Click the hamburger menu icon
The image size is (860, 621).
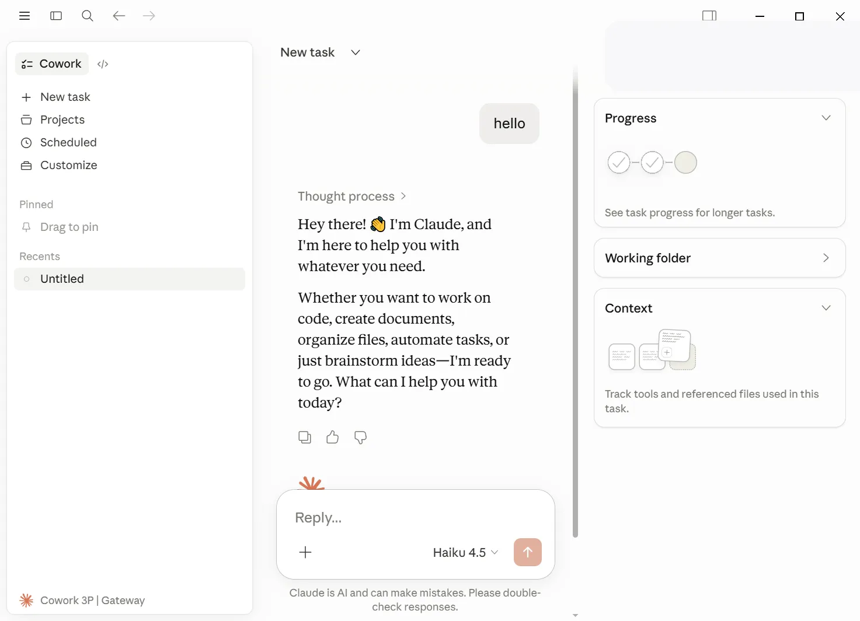25,16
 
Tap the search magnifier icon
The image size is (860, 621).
88,16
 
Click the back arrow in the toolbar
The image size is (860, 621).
119,16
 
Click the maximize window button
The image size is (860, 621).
799,16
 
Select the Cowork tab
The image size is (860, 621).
52,64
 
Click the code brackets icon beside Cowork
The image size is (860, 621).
103,64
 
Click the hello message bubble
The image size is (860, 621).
509,124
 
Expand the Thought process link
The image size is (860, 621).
352,197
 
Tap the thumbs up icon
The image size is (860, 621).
332,437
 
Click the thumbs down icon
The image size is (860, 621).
360,437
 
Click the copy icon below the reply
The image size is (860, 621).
304,437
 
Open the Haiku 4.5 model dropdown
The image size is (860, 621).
465,552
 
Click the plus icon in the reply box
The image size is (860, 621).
305,552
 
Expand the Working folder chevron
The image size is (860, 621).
826,258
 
